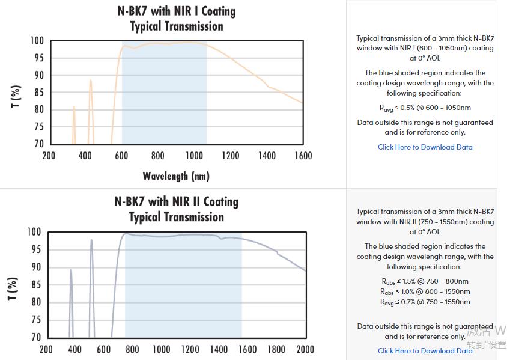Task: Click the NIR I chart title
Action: pyautogui.click(x=177, y=19)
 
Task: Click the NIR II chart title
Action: pyautogui.click(x=177, y=209)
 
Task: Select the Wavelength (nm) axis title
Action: pyautogui.click(x=176, y=176)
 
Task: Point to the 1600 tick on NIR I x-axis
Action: pyautogui.click(x=303, y=156)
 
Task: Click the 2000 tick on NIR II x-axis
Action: pyautogui.click(x=305, y=349)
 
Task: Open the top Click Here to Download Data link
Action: pyautogui.click(x=425, y=147)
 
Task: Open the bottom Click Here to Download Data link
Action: pyautogui.click(x=425, y=351)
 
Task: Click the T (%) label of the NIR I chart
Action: pyautogui.click(x=16, y=96)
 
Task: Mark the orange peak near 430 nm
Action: pyautogui.click(x=91, y=81)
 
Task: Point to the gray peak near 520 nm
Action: pyautogui.click(x=91, y=241)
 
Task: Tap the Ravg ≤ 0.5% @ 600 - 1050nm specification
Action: pyautogui.click(x=425, y=108)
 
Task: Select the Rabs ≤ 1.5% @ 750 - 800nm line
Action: pyautogui.click(x=425, y=281)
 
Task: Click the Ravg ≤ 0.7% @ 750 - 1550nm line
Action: pyautogui.click(x=425, y=302)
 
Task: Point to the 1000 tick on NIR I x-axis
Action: pyautogui.click(x=194, y=156)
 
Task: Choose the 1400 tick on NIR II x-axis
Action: pyautogui.click(x=219, y=349)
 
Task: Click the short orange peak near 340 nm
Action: pyautogui.click(x=74, y=108)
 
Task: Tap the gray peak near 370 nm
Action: pyautogui.click(x=71, y=270)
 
